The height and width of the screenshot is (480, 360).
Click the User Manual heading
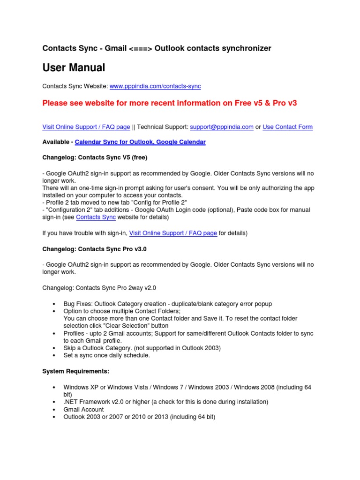pos(74,68)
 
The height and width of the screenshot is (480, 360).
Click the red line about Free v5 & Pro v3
pos(170,103)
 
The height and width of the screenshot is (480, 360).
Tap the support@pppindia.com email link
pos(222,127)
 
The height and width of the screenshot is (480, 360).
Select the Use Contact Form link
pos(287,127)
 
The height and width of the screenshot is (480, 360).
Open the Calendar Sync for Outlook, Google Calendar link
pos(140,142)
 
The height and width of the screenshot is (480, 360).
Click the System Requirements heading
pos(75,371)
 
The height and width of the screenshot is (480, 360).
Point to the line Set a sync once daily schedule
pos(106,355)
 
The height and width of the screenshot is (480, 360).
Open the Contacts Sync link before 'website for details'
pos(96,217)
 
